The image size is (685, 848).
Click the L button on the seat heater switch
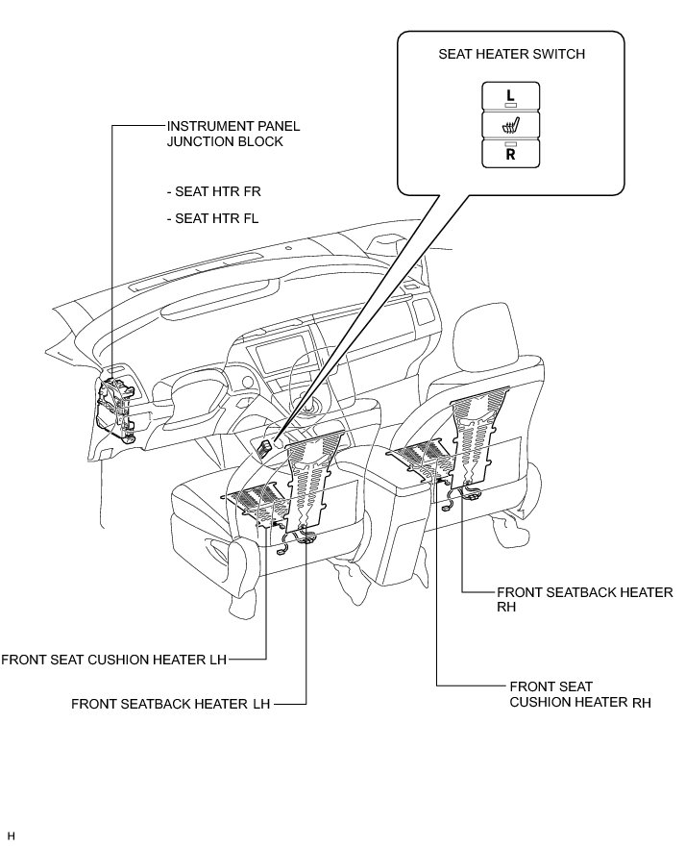pyautogui.click(x=510, y=95)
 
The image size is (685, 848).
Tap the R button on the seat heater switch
pyautogui.click(x=510, y=153)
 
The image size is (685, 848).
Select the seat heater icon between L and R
pyautogui.click(x=510, y=125)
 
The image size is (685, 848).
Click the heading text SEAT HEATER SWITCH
pyautogui.click(x=510, y=54)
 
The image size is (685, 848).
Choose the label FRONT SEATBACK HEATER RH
pyautogui.click(x=584, y=599)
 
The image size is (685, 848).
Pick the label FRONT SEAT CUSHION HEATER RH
pyautogui.click(x=580, y=694)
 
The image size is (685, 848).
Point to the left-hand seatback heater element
pyautogui.click(x=313, y=481)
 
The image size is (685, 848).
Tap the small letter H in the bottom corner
pyautogui.click(x=12, y=836)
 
